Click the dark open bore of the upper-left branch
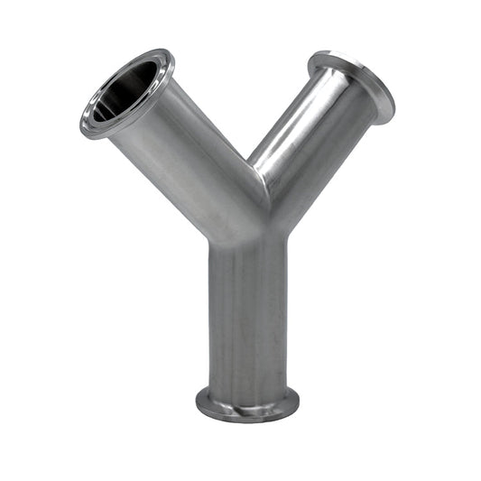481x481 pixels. click(x=131, y=86)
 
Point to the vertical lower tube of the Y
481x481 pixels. click(x=247, y=316)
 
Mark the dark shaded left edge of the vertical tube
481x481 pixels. click(x=213, y=316)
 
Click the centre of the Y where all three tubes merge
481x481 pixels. click(x=249, y=221)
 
